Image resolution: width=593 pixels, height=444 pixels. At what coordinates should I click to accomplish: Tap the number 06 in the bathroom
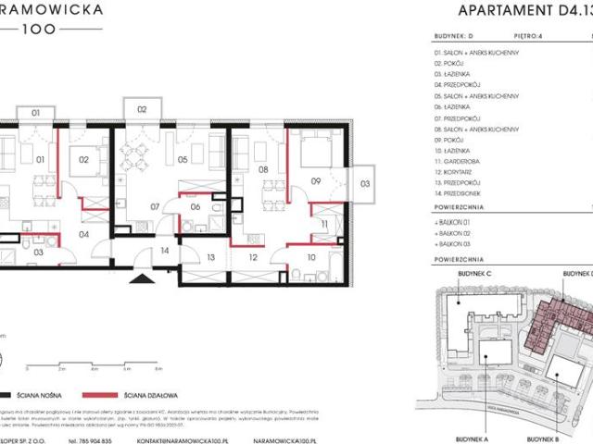click(x=196, y=207)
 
